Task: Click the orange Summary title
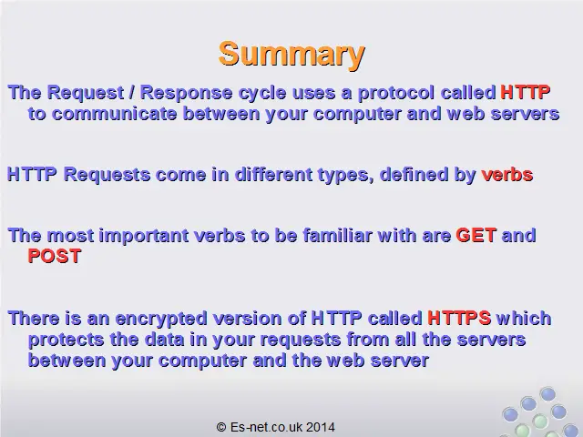(x=291, y=55)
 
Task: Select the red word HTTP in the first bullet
(x=526, y=92)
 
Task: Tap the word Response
(x=186, y=93)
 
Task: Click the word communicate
(x=114, y=114)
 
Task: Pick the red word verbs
(x=507, y=175)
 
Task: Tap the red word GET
(x=476, y=235)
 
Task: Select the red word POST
(x=55, y=256)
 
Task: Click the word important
(x=144, y=236)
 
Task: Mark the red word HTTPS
(x=459, y=318)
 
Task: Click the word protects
(x=66, y=340)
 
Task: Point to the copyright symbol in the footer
(x=221, y=427)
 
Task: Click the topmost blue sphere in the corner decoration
(x=547, y=394)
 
